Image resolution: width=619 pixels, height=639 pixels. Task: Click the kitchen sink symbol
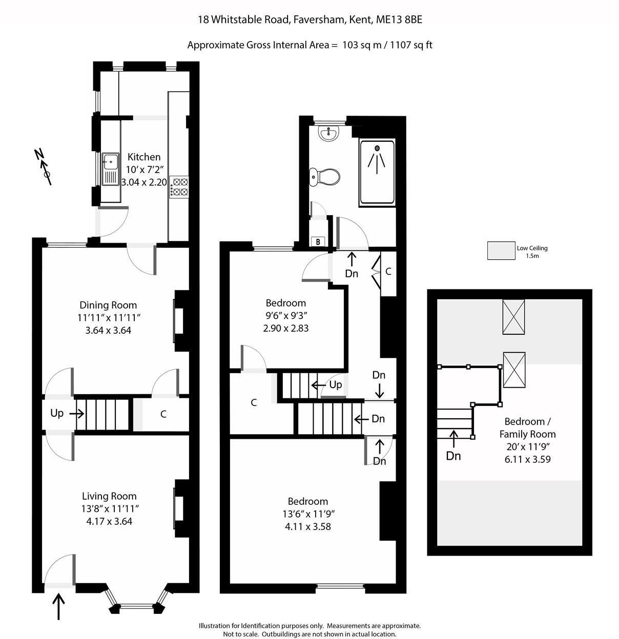tap(110, 169)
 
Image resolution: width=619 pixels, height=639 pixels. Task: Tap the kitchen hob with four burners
tap(179, 186)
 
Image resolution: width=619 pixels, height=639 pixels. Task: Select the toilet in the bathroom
tap(325, 177)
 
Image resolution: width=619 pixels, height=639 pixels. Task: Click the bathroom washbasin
tap(328, 134)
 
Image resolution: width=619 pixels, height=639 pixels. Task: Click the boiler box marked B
tap(318, 242)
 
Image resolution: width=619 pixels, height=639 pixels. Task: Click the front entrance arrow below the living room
tap(59, 606)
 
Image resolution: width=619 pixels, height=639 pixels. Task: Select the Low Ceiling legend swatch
tap(501, 251)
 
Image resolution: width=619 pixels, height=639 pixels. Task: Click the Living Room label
tap(109, 496)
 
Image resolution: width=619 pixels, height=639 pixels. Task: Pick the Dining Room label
tap(108, 305)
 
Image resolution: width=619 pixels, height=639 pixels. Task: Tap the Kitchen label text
tap(144, 157)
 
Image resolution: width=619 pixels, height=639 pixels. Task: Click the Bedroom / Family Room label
tap(527, 428)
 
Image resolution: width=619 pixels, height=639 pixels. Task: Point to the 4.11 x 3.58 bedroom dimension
tap(307, 526)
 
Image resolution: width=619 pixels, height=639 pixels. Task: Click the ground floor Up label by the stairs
tap(57, 413)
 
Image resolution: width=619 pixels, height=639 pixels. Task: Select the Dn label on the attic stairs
tap(453, 456)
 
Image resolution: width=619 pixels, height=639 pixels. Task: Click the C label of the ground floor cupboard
tap(163, 414)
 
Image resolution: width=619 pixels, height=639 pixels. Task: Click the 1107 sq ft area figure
tap(411, 45)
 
